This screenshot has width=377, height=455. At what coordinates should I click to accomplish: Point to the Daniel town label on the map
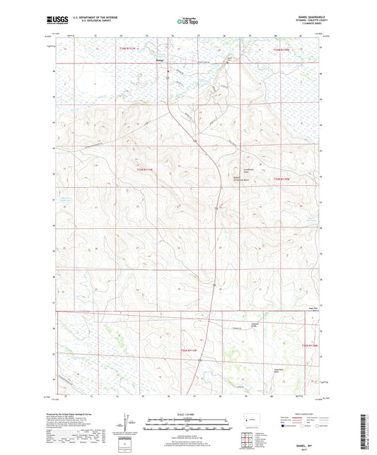click(x=160, y=61)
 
